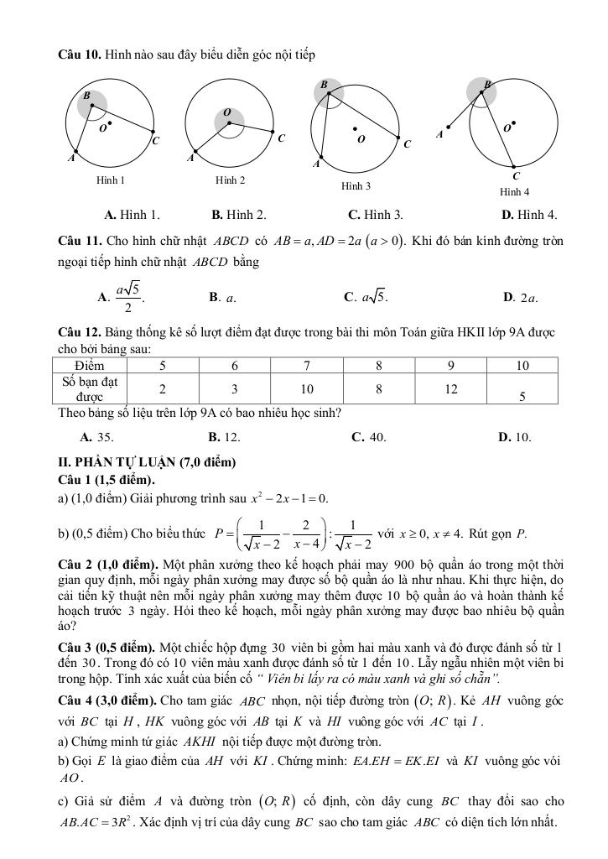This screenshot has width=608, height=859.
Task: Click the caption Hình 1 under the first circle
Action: point(111,180)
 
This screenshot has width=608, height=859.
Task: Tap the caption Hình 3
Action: point(356,185)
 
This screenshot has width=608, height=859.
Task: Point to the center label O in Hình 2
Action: point(226,112)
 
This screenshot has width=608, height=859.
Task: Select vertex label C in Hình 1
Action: point(156,141)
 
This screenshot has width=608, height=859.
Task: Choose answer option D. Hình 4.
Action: point(529,215)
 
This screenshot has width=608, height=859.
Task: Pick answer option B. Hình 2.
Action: point(239,215)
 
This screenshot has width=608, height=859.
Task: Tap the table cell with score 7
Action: point(308,366)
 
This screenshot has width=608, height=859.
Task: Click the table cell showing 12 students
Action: point(451,388)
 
